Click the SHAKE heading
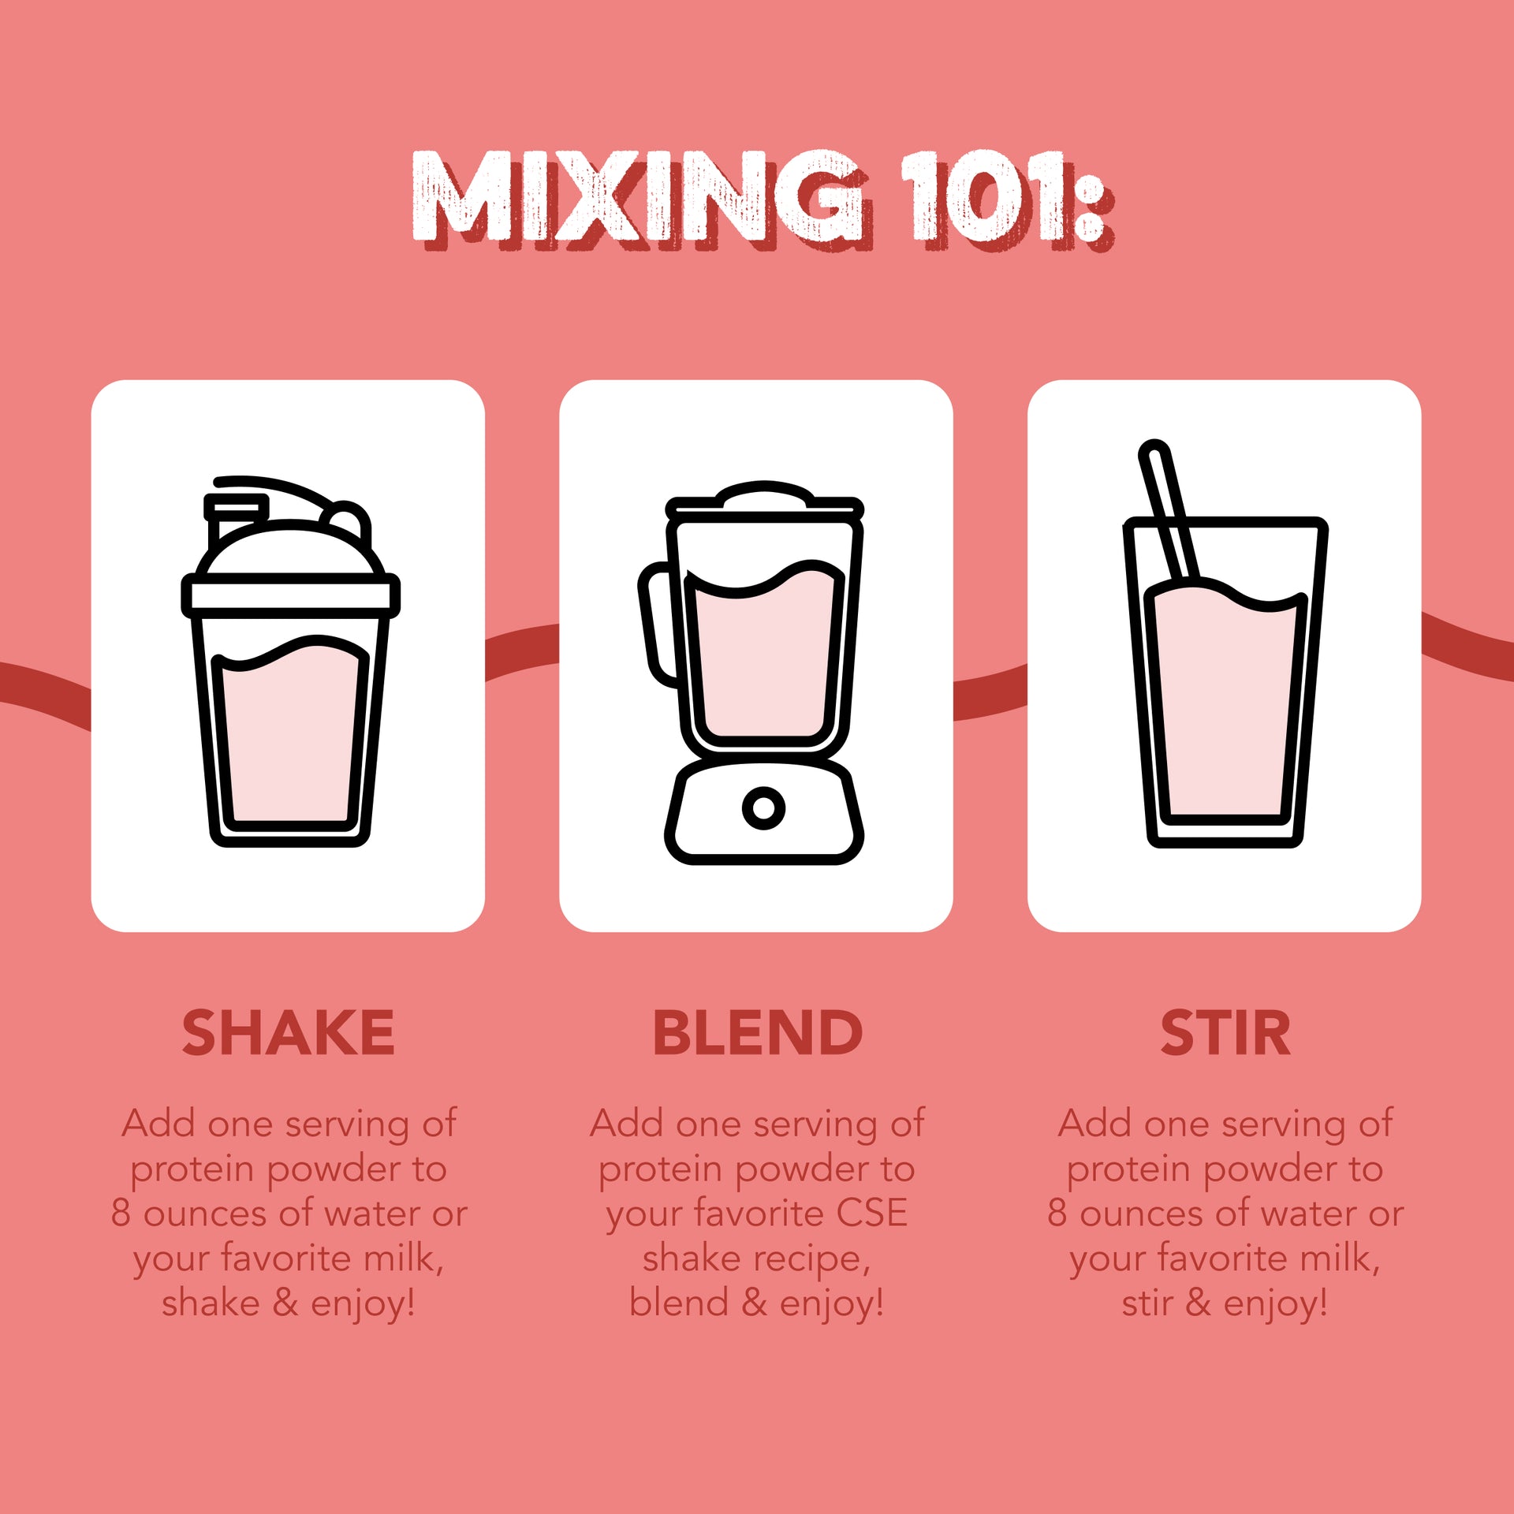point(288,1033)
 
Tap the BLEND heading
point(757,1033)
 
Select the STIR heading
point(1225,1033)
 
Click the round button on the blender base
point(763,807)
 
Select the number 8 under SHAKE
point(121,1214)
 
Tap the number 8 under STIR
point(1057,1214)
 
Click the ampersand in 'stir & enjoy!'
point(1198,1303)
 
